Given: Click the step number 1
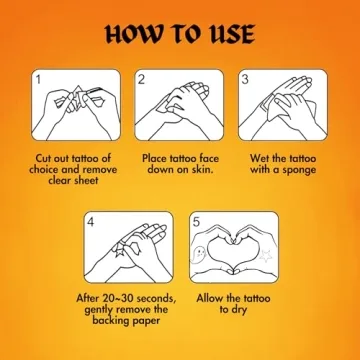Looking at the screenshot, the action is [x=39, y=80].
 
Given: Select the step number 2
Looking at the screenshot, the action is [x=142, y=80].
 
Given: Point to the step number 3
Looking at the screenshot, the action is [x=245, y=80].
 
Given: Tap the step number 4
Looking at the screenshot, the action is [x=91, y=222].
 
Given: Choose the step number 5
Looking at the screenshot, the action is [x=196, y=222].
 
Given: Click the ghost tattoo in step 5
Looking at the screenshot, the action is [x=199, y=254].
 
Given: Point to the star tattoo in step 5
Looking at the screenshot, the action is [x=266, y=256].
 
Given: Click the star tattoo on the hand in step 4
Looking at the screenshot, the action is [x=120, y=252].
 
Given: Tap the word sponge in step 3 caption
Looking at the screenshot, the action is [x=299, y=171].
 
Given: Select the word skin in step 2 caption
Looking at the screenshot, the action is [x=201, y=169].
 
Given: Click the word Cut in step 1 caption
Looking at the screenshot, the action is [x=44, y=158].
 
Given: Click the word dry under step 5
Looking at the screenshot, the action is [x=239, y=310].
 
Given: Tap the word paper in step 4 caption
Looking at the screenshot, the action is [x=146, y=322].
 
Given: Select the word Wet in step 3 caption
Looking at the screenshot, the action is [x=260, y=158].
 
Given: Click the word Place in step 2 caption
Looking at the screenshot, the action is [x=155, y=158].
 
